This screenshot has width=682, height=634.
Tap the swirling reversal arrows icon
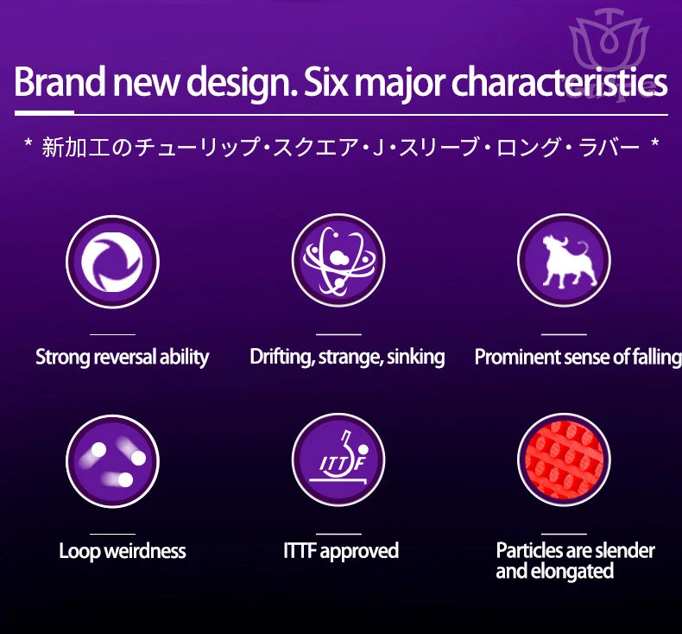(112, 262)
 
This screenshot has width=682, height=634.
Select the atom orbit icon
(338, 260)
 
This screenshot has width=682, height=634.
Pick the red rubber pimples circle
(564, 460)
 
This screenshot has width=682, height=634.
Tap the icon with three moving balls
(112, 460)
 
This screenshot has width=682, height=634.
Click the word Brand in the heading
(60, 81)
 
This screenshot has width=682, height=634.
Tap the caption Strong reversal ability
(123, 358)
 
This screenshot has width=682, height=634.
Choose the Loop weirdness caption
(123, 551)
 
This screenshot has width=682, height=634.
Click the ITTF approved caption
(341, 551)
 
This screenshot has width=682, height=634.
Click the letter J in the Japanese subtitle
(378, 147)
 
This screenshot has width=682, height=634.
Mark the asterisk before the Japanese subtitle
(28, 143)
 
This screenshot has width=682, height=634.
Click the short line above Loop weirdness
(112, 534)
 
